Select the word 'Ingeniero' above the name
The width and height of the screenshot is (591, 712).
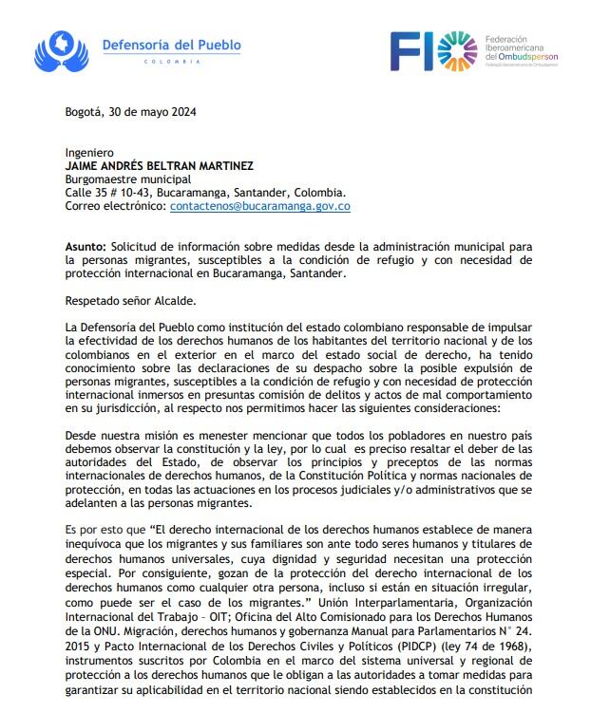click(89, 152)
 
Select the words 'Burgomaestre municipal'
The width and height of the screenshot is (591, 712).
click(128, 178)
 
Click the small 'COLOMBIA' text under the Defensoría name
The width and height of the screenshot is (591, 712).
click(172, 62)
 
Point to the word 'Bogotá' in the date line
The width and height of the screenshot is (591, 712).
click(82, 110)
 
